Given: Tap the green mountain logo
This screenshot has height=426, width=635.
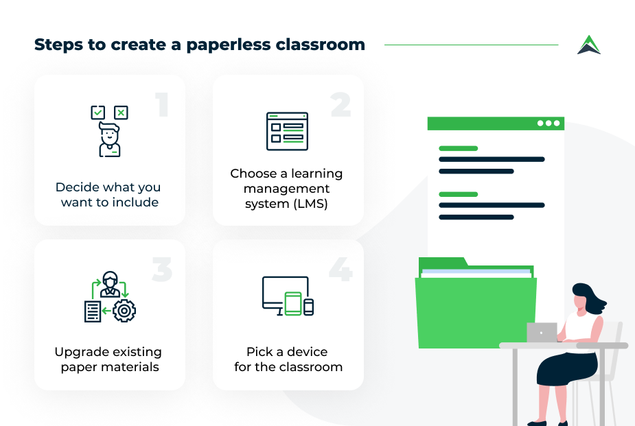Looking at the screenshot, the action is point(589,45).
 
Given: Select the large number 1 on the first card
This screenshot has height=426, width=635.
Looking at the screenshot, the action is point(162,104).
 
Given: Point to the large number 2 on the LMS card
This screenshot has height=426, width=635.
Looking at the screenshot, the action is point(340,104).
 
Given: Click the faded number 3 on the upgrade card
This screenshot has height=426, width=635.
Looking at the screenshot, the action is point(162,269).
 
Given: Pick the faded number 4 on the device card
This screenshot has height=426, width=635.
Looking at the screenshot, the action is point(340,269).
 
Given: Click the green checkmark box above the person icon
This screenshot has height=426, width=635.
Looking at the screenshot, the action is point(98,113).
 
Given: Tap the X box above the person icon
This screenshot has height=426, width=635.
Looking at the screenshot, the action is point(121,113).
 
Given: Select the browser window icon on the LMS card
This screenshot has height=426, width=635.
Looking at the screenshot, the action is point(287,131).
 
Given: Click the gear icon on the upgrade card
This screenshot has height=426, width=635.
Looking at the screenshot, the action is point(124,311).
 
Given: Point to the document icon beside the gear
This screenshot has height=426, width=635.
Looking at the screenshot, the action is point(93,311).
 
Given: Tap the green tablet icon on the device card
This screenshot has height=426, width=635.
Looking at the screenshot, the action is point(293,303).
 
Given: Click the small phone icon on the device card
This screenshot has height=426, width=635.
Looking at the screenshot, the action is point(309,307).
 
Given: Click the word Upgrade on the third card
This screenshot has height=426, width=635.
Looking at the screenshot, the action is point(77,353).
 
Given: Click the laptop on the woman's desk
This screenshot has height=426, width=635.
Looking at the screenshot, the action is point(542,332).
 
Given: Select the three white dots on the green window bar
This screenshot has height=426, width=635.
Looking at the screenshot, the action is point(549,123).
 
